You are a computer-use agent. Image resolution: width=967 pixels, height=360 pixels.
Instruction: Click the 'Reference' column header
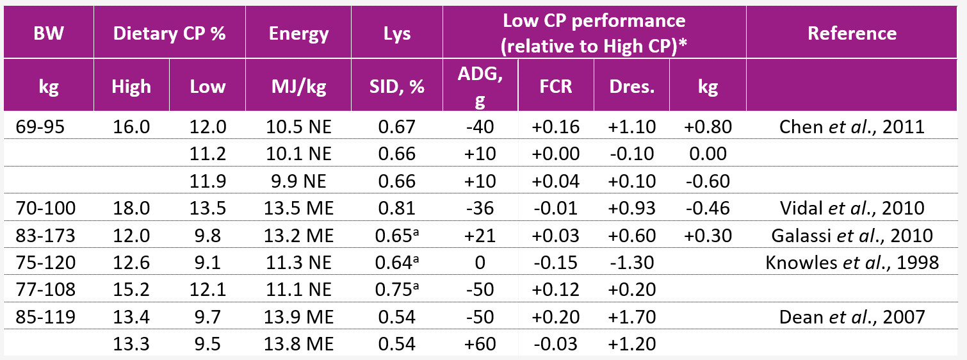pyautogui.click(x=852, y=33)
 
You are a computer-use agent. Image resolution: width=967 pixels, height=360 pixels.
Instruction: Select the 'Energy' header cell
pyautogui.click(x=298, y=33)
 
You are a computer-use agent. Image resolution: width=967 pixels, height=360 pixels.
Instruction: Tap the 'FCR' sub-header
pyautogui.click(x=555, y=86)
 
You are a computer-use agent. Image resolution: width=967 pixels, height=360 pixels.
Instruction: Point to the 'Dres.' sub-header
pyautogui.click(x=632, y=86)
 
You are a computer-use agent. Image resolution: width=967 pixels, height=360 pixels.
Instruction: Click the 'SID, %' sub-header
pyautogui.click(x=397, y=86)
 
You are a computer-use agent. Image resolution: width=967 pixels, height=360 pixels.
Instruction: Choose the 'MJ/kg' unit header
pyautogui.click(x=298, y=86)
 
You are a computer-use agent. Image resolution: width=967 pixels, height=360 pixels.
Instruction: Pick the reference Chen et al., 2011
pyautogui.click(x=852, y=126)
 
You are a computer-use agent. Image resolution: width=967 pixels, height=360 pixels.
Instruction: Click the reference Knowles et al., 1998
pyautogui.click(x=852, y=262)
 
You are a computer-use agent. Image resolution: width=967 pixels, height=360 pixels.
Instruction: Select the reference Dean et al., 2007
pyautogui.click(x=852, y=316)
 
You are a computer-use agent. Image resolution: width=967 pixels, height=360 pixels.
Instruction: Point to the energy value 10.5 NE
pyautogui.click(x=298, y=126)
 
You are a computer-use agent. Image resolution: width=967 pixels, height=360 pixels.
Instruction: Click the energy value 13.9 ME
pyautogui.click(x=298, y=316)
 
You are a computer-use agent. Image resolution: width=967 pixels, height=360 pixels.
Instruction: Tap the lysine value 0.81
pyautogui.click(x=397, y=208)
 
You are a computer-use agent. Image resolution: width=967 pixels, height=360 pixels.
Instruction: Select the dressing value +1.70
pyautogui.click(x=632, y=316)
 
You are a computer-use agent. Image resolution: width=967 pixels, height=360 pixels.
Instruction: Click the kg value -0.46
pyautogui.click(x=708, y=208)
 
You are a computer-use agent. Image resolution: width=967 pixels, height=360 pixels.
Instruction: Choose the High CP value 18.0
pyautogui.click(x=131, y=208)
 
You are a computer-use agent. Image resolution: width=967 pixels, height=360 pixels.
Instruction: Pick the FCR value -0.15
pyautogui.click(x=555, y=262)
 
